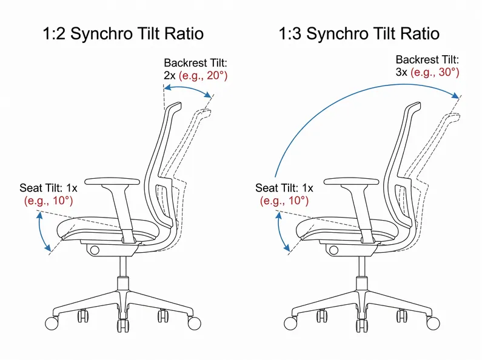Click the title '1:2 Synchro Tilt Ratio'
pos(123,33)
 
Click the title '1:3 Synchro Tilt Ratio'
pos(359,33)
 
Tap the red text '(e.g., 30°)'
pos(435,72)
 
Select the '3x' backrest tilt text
pos(401,72)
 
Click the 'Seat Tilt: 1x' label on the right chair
pos(284,188)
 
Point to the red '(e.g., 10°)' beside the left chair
pos(49,200)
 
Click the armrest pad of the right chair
pos(352,181)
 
